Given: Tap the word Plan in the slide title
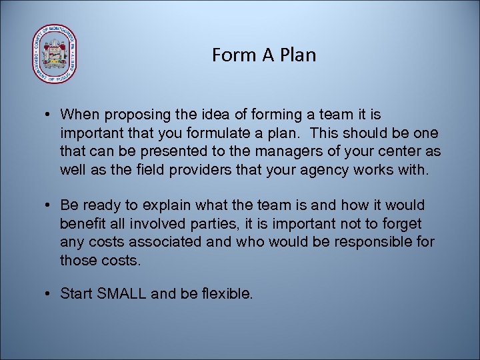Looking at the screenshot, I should click(298, 55).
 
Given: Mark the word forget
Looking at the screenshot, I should click(402, 223).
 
